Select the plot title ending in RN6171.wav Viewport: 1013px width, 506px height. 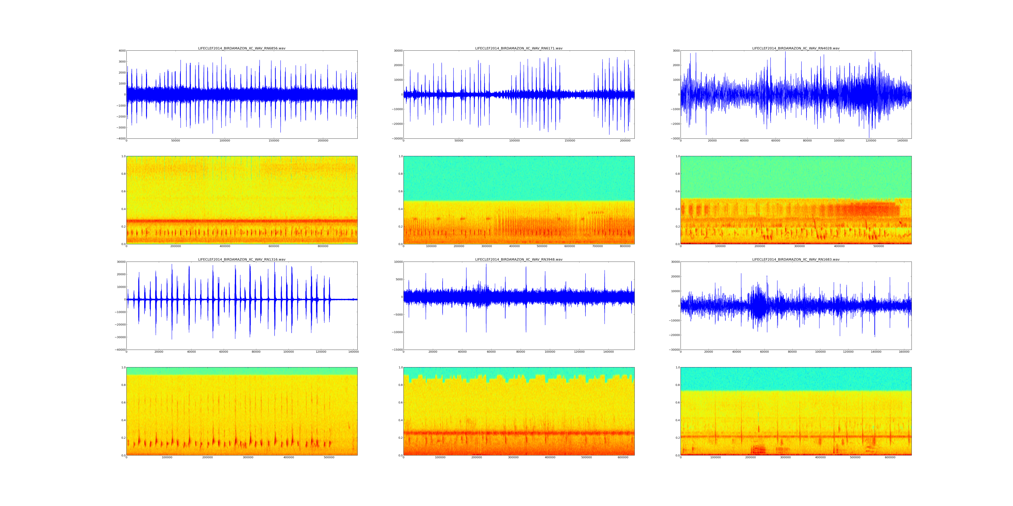pyautogui.click(x=519, y=48)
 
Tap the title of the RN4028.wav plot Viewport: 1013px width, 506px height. pyautogui.click(x=796, y=48)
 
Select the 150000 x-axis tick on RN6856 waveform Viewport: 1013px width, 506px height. pyautogui.click(x=274, y=141)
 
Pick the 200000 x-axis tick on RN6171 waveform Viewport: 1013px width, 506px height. pyautogui.click(x=625, y=141)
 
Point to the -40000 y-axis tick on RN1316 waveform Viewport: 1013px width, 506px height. pyautogui.click(x=120, y=350)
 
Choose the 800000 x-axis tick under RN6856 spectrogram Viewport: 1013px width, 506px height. pyautogui.click(x=323, y=246)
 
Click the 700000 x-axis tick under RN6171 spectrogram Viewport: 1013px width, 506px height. pyautogui.click(x=597, y=246)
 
